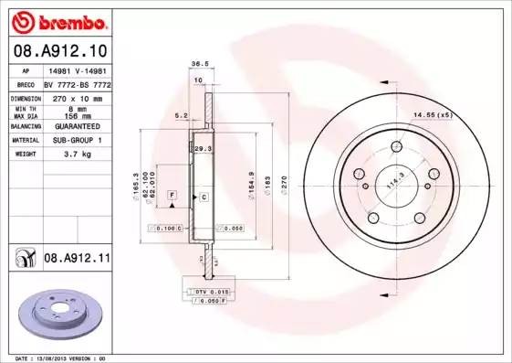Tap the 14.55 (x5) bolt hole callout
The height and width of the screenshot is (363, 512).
(433, 114)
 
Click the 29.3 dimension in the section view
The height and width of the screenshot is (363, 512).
(204, 148)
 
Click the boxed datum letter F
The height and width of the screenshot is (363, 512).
(171, 196)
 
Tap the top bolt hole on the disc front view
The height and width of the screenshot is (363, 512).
(398, 147)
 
